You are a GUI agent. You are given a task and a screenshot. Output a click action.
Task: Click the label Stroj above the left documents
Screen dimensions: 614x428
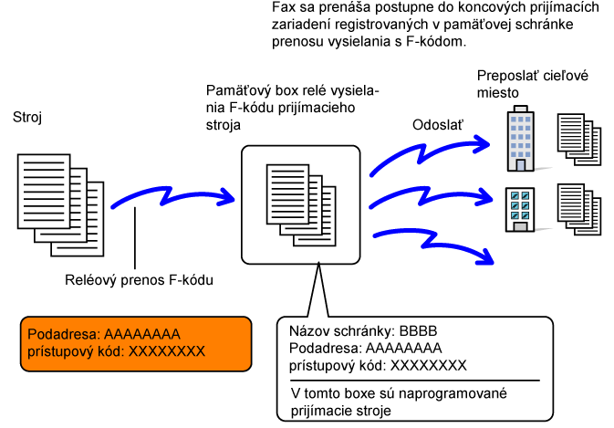[27, 117]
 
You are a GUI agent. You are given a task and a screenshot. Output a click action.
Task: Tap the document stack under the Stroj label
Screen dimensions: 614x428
[61, 205]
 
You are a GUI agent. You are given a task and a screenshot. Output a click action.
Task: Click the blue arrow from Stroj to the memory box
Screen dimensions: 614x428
[172, 197]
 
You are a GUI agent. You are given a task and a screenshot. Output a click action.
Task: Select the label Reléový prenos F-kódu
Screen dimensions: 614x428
[139, 280]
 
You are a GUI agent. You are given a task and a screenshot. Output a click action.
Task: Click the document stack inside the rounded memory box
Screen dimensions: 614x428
[301, 205]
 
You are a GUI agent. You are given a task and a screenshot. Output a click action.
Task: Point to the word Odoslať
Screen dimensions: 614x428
[437, 125]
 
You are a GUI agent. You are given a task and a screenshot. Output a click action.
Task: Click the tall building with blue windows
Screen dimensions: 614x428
[520, 139]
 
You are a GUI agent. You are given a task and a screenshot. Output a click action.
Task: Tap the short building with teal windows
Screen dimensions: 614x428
[520, 210]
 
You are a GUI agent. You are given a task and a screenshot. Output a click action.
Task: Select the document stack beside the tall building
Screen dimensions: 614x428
[579, 140]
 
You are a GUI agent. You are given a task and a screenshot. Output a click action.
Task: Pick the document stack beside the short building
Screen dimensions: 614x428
[579, 210]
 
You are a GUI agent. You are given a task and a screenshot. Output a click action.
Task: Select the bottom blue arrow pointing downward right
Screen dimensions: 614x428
[432, 242]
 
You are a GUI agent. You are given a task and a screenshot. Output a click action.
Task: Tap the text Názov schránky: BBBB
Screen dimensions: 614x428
[363, 331]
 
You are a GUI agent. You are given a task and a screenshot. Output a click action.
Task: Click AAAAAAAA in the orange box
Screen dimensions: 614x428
[142, 334]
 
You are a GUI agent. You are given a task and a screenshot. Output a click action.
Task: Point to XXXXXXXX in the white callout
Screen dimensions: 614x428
[429, 365]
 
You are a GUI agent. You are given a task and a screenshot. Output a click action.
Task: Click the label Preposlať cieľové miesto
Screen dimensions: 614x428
[533, 84]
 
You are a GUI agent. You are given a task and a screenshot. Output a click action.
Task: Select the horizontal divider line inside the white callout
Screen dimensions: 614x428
[415, 381]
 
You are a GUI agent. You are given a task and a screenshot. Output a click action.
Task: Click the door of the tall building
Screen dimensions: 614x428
[520, 165]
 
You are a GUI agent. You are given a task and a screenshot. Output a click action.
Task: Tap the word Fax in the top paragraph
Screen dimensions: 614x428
[282, 7]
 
